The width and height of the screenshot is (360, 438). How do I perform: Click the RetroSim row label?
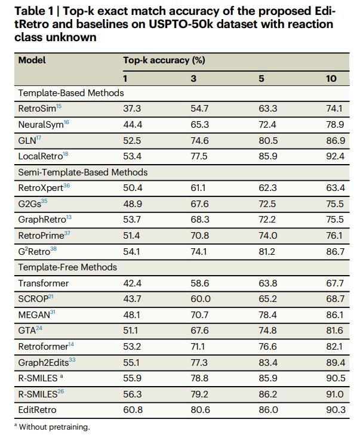click(37, 108)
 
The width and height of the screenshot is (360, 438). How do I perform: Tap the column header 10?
click(331, 78)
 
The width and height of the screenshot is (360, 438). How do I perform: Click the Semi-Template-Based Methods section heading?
click(82, 172)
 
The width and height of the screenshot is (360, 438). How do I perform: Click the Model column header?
click(32, 60)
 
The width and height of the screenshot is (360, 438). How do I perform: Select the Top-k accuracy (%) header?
click(164, 60)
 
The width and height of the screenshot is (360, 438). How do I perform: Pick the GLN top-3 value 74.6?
click(199, 140)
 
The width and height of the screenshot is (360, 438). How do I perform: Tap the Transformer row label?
click(43, 283)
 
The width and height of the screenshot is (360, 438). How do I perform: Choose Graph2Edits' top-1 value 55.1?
click(132, 362)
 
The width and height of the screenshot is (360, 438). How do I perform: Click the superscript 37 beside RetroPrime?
click(67, 233)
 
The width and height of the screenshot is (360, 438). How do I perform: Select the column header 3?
click(193, 78)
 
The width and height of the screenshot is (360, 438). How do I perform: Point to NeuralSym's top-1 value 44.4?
click(132, 124)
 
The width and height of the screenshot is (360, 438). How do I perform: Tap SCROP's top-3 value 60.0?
click(200, 298)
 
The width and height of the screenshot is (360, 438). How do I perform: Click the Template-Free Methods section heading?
click(67, 267)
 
